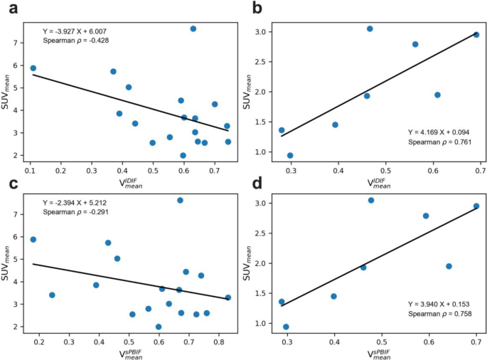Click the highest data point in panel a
(x=193, y=28)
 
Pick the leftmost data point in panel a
(x=33, y=68)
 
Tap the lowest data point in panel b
(x=290, y=155)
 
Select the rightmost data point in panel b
(x=476, y=34)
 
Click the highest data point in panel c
(x=181, y=201)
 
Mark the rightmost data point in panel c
(x=228, y=297)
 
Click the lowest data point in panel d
(x=286, y=327)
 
